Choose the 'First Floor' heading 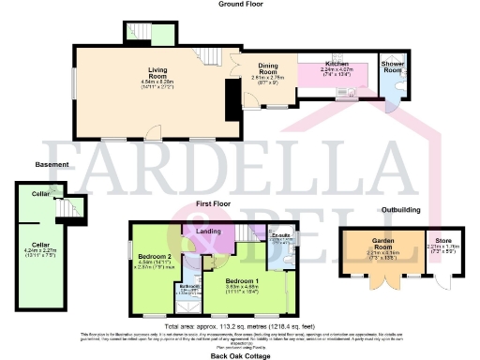point(214,202)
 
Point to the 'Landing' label point(207,232)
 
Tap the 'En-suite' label point(279,238)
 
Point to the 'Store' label point(438,246)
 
